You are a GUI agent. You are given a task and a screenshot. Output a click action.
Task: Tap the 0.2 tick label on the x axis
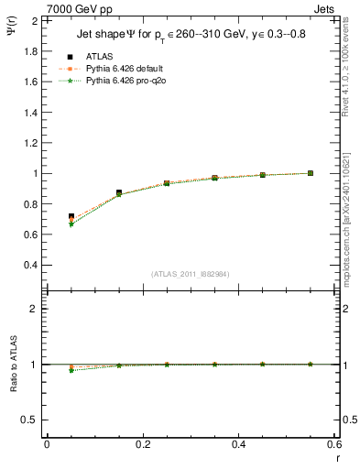tap(142, 444)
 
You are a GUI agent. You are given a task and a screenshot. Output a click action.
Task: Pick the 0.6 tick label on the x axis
tap(334, 444)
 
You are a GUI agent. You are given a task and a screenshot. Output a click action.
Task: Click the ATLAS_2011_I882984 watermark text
tap(190, 274)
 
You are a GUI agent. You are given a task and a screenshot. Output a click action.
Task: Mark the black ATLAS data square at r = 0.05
tap(71, 216)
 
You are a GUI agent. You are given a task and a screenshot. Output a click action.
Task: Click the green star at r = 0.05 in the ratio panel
tap(71, 370)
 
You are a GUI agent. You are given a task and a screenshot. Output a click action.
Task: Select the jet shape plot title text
tap(190, 36)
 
